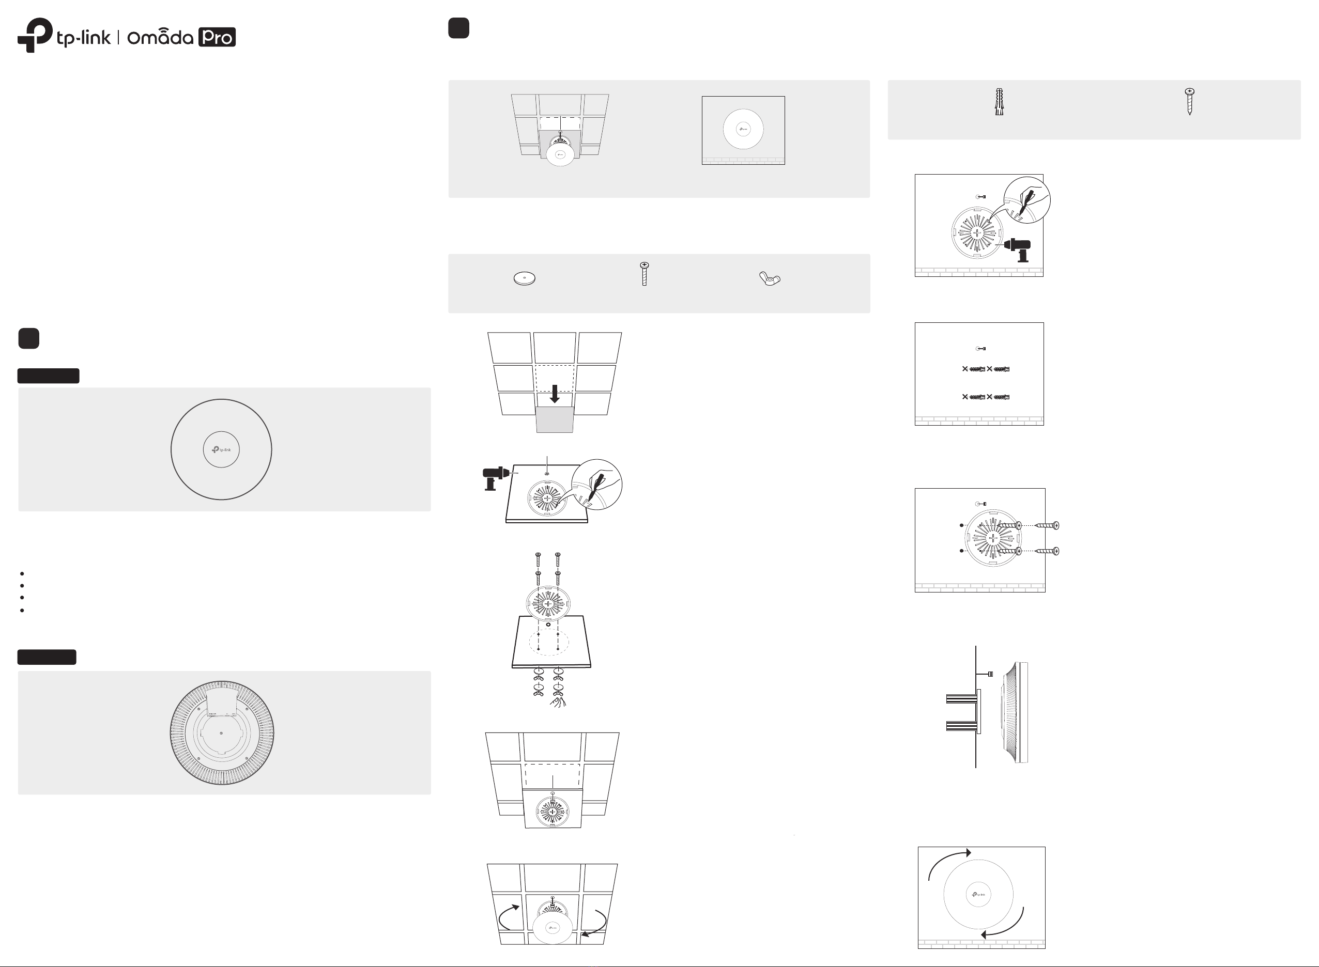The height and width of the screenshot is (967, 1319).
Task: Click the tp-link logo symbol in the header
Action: [x=35, y=35]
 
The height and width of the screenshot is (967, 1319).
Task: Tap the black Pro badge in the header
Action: [x=217, y=37]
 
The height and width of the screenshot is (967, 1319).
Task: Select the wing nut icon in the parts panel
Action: [x=770, y=278]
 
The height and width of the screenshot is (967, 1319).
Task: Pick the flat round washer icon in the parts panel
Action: [x=524, y=278]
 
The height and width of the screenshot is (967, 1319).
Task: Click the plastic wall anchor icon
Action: [x=999, y=101]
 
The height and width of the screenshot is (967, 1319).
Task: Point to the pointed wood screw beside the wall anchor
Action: [x=1190, y=101]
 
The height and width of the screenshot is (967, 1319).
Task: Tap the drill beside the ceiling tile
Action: [x=496, y=478]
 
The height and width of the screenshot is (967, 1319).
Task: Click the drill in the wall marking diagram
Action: [x=1018, y=249]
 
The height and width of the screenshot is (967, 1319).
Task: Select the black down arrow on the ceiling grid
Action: [x=554, y=393]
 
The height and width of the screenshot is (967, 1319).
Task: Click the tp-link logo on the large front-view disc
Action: [x=221, y=449]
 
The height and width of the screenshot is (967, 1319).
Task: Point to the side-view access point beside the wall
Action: [x=1015, y=712]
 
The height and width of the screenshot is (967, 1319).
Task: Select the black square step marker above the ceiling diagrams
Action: [x=458, y=27]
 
